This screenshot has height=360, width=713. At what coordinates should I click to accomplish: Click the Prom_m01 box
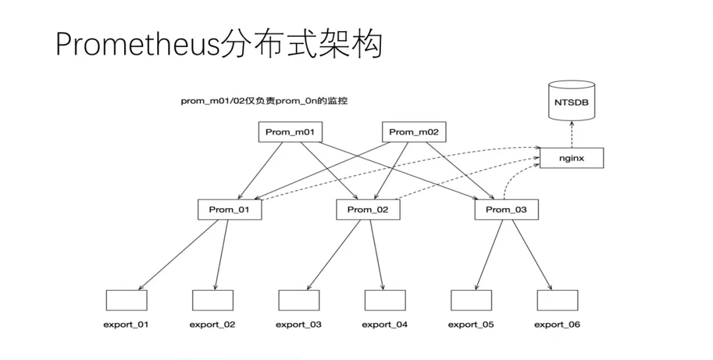click(x=289, y=132)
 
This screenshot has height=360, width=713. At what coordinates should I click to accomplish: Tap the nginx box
click(x=571, y=158)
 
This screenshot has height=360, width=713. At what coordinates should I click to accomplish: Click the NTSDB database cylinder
click(x=572, y=102)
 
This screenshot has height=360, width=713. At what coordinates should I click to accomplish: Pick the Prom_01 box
click(x=230, y=209)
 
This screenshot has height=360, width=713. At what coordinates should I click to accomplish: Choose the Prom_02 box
click(x=368, y=209)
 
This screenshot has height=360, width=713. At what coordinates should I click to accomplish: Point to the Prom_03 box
click(x=506, y=209)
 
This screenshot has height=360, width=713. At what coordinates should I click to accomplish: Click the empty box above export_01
click(x=126, y=300)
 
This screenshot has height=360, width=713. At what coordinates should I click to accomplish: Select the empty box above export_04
click(x=385, y=300)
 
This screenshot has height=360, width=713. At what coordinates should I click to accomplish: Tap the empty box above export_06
click(x=557, y=300)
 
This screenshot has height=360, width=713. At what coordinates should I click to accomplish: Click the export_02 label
click(x=212, y=324)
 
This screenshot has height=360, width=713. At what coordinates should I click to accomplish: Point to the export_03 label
click(x=298, y=324)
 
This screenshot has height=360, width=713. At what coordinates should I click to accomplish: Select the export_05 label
click(x=471, y=324)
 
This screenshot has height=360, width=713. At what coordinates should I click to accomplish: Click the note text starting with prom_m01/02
click(x=264, y=102)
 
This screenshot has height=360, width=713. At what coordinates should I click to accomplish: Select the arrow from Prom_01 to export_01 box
click(x=178, y=255)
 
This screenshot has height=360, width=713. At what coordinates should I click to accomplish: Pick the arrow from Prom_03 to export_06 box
click(x=533, y=255)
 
